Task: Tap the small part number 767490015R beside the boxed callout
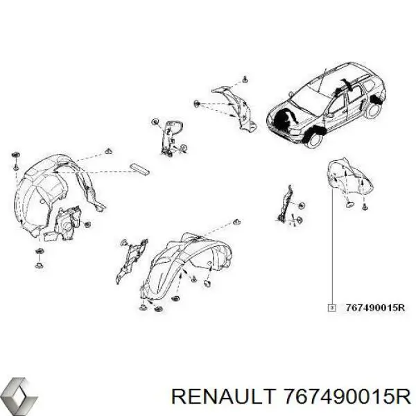375,308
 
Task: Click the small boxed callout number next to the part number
332,308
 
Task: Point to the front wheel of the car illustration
314,139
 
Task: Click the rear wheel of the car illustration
374,111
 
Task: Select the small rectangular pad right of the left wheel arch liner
139,170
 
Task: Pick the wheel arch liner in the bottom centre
186,266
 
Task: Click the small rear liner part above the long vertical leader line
349,175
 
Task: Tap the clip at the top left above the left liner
15,155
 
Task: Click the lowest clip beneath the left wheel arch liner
40,265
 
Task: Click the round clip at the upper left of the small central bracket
155,121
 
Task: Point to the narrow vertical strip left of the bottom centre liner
131,261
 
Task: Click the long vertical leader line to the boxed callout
332,246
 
